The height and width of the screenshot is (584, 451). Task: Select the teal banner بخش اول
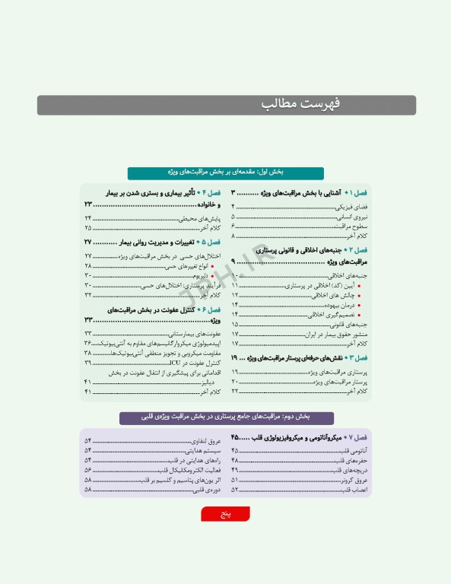point(226,173)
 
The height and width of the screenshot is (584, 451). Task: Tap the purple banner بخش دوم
point(226,417)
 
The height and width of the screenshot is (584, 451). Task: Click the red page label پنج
point(226,515)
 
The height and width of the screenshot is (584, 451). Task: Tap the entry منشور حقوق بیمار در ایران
point(335,334)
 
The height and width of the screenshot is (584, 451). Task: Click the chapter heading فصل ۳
point(304,357)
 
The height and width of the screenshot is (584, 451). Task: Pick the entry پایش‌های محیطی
point(199,218)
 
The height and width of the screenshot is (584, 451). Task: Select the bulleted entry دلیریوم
point(197,275)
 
